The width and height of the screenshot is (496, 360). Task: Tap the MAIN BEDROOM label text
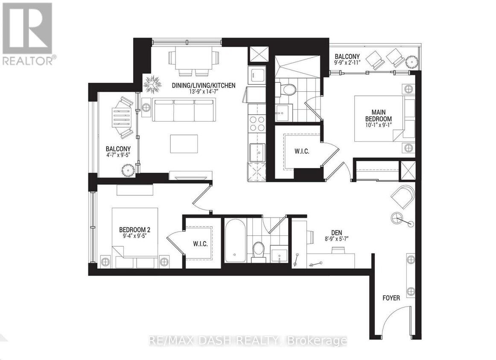(378, 115)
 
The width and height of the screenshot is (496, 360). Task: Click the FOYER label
(391, 298)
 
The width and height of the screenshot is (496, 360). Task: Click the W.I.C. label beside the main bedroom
(301, 151)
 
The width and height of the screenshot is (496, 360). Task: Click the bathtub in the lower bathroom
(235, 241)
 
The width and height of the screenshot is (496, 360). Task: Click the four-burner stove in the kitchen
(257, 124)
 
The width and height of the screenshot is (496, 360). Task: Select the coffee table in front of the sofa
(184, 143)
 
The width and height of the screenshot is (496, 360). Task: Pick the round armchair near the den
(403, 197)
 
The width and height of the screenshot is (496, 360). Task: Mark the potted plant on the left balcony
(128, 170)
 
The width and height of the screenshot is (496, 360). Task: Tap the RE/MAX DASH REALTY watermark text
(248, 341)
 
